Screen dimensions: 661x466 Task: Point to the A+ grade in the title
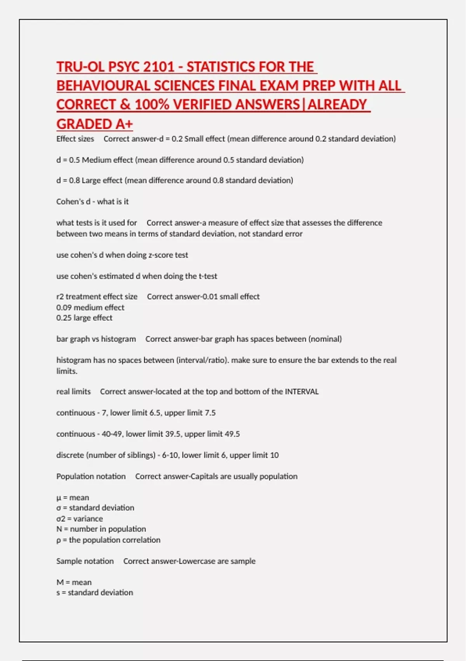[x=124, y=124]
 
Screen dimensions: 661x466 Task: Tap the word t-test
[x=208, y=276]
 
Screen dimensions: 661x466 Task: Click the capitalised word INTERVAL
[x=302, y=392]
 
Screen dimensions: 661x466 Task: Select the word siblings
[x=139, y=455]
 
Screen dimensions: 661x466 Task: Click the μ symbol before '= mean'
[x=59, y=498]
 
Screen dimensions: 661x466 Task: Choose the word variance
[x=88, y=519]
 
